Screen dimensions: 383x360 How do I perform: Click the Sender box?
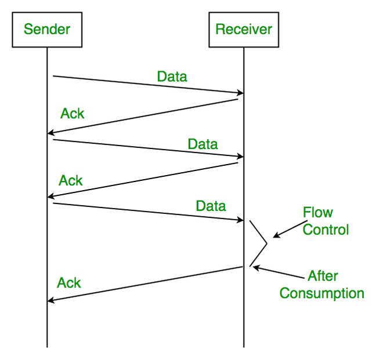[47, 30]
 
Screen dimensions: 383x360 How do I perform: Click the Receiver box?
[244, 30]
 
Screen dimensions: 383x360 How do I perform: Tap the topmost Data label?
[172, 77]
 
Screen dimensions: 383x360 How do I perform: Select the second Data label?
[203, 144]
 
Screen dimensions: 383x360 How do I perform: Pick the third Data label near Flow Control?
[211, 206]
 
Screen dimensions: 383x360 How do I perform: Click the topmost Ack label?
[73, 114]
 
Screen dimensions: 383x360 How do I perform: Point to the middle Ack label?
[71, 181]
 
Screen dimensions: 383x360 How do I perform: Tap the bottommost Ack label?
[69, 283]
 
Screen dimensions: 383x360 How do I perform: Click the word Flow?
[318, 212]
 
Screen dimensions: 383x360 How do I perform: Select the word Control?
[326, 230]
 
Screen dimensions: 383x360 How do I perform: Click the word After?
[323, 276]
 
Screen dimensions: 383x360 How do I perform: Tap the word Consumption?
[321, 293]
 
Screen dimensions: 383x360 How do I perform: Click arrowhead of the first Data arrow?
[241, 93]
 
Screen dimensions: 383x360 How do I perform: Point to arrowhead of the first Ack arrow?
[50, 133]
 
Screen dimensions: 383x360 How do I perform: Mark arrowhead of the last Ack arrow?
[50, 300]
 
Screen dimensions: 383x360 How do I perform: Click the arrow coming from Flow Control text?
[290, 229]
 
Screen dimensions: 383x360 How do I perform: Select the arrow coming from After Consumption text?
[279, 272]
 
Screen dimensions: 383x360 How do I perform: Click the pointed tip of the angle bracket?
[267, 243]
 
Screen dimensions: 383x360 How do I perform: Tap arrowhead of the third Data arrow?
[241, 220]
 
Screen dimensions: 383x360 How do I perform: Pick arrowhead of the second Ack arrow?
[50, 196]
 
